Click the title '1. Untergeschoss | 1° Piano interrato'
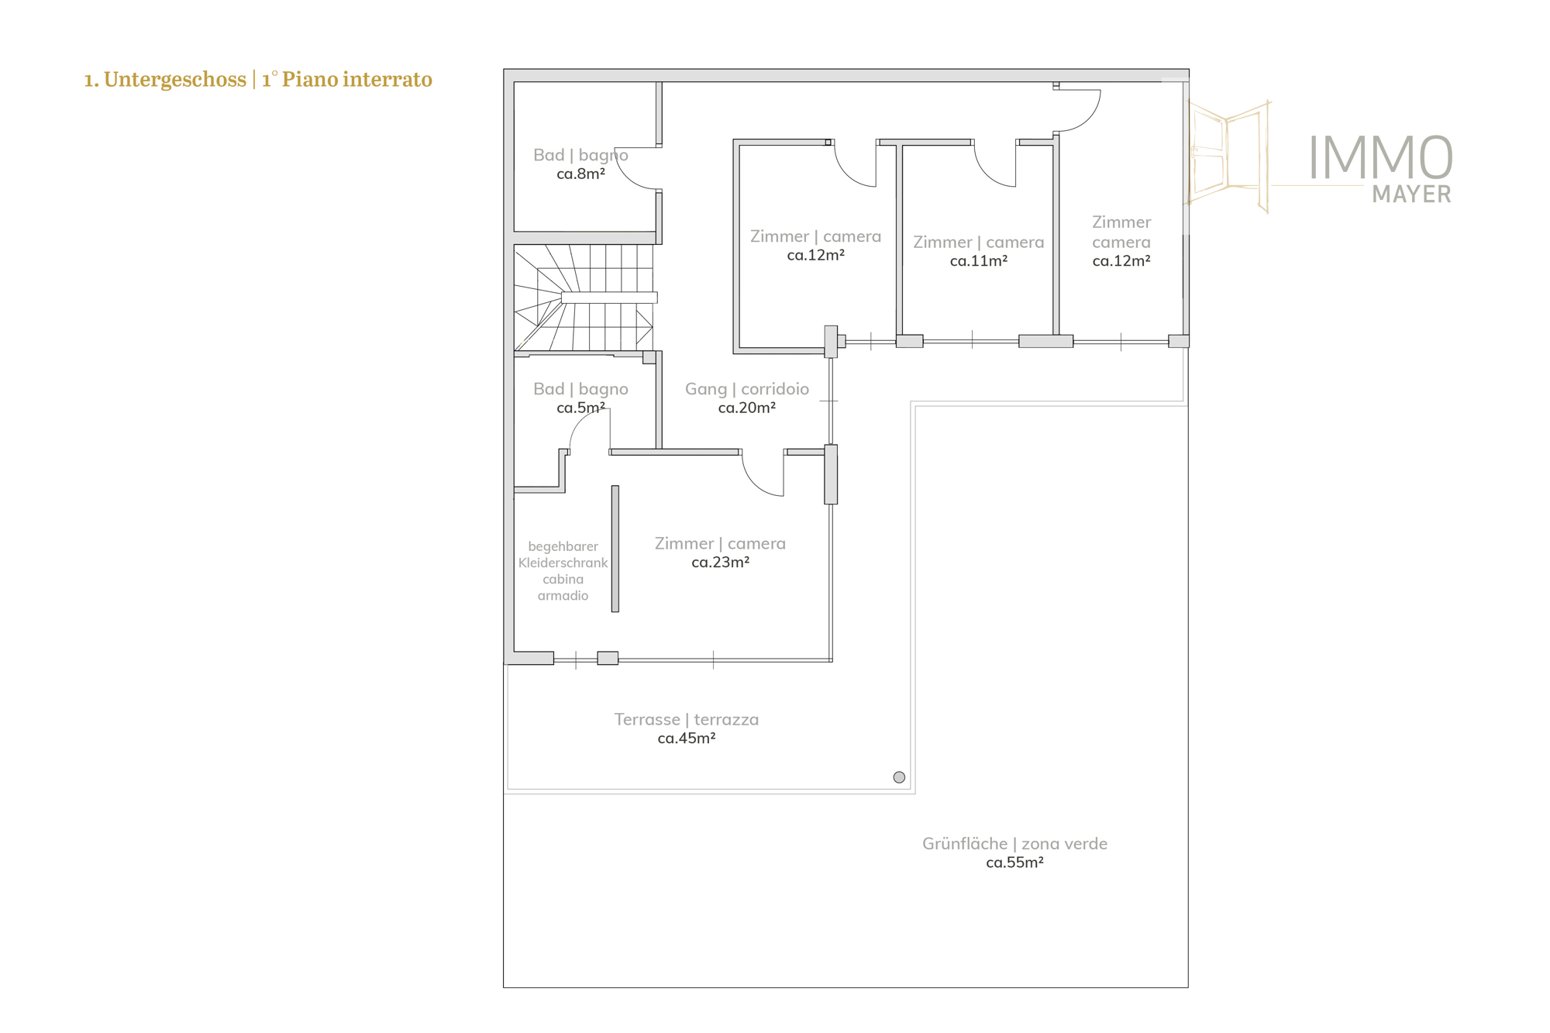(x=258, y=80)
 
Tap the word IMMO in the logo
(x=1380, y=158)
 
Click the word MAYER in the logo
(x=1411, y=194)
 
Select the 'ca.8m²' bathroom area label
(x=580, y=174)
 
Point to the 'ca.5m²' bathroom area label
(x=580, y=408)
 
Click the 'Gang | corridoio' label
(x=747, y=389)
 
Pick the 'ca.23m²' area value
(x=720, y=563)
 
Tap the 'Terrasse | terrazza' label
(x=687, y=720)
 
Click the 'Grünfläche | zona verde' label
(x=1014, y=844)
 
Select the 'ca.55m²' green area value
(x=1014, y=863)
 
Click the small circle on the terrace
(x=899, y=777)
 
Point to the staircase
(x=585, y=298)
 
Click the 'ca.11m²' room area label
(x=979, y=261)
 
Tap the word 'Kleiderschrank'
(x=563, y=563)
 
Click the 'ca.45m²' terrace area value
(x=687, y=739)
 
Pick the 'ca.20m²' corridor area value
(x=747, y=408)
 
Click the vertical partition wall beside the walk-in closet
(x=615, y=549)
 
